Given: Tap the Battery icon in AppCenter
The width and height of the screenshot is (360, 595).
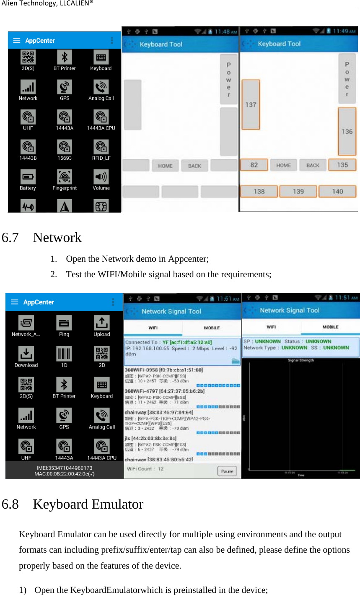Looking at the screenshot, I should pyautogui.click(x=28, y=177).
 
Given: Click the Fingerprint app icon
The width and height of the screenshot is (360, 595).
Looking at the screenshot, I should pyautogui.click(x=65, y=177).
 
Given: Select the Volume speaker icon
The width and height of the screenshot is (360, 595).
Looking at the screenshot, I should pyautogui.click(x=101, y=177).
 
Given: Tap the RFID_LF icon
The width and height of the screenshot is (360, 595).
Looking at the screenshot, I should pyautogui.click(x=101, y=147).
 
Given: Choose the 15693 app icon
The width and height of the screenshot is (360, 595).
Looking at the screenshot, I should pyautogui.click(x=65, y=147).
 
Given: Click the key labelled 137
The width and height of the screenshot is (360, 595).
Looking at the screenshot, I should pyautogui.click(x=251, y=104).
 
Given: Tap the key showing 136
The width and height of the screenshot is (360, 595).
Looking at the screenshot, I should pyautogui.click(x=347, y=131).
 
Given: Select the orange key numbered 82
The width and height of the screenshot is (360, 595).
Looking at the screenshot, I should pyautogui.click(x=254, y=165).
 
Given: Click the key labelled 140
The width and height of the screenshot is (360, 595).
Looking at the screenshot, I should pyautogui.click(x=337, y=191).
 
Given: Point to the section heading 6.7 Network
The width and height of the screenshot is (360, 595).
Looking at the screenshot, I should pyautogui.click(x=42, y=237).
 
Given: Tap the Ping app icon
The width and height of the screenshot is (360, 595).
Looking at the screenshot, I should pyautogui.click(x=64, y=323).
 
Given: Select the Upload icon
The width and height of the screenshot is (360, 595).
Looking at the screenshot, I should pyautogui.click(x=102, y=323).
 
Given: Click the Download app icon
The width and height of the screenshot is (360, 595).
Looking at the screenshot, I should pyautogui.click(x=26, y=354).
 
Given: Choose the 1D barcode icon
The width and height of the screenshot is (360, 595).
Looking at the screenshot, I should pyautogui.click(x=64, y=354).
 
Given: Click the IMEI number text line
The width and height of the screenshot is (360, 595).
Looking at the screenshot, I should pyautogui.click(x=65, y=468).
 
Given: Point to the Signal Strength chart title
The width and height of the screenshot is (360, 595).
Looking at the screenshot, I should pyautogui.click(x=300, y=360).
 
